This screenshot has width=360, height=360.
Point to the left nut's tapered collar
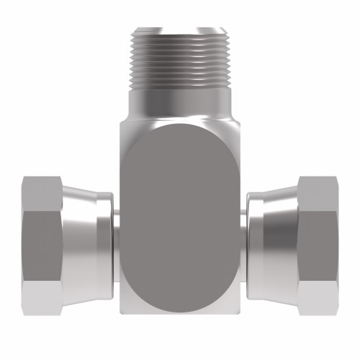point(83,234)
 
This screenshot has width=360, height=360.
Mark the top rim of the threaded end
point(179,30)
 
